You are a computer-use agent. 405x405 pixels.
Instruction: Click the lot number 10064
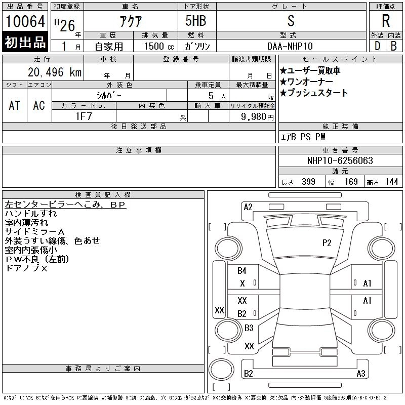pos(25,21)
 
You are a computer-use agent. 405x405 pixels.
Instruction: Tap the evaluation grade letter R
pos(386,21)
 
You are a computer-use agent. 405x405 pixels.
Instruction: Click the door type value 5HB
pos(191,21)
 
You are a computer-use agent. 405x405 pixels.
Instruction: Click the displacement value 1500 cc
pos(155,46)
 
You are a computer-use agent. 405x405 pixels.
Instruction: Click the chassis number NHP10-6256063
pos(340,160)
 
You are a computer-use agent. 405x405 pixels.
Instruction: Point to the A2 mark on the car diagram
pos(248,207)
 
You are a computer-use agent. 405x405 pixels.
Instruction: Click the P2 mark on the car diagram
pos(327,242)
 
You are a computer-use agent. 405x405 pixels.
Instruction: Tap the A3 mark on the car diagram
pos(360,374)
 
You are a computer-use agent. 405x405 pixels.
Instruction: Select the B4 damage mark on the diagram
pos(242,271)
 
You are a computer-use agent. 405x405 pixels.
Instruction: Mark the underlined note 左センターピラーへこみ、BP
pos(65,205)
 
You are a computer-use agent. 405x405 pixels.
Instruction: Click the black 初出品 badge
pos(25,43)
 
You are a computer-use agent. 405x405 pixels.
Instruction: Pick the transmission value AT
pos(14,105)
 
